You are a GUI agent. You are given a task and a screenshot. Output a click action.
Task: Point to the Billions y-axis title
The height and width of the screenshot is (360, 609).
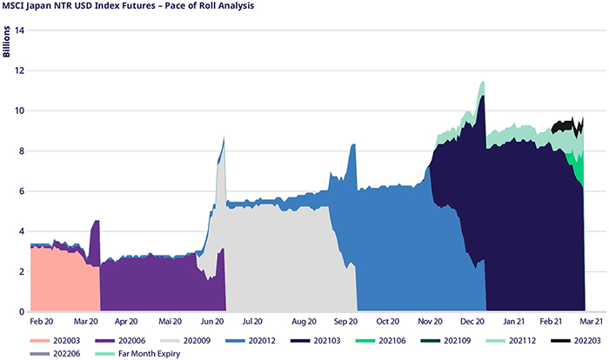tap(8, 41)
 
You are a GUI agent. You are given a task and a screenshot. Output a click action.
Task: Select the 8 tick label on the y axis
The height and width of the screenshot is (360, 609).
tap(19, 151)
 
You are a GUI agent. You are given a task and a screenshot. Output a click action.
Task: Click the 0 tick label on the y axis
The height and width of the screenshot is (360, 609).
tap(19, 311)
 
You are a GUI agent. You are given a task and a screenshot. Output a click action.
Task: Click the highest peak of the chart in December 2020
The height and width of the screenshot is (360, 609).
tap(481, 82)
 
